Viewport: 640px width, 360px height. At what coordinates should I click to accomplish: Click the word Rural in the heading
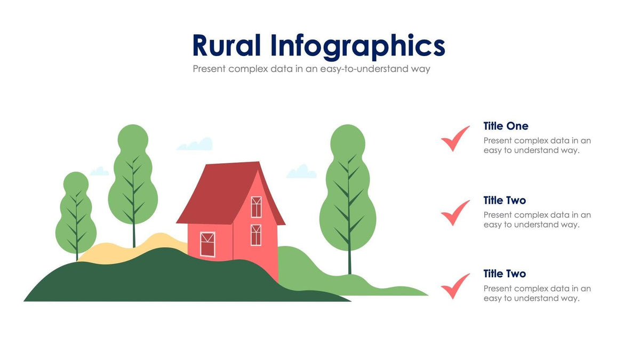tap(226, 46)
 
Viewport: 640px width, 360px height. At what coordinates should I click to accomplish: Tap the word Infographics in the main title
tap(357, 46)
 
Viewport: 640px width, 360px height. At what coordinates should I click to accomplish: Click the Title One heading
tap(506, 126)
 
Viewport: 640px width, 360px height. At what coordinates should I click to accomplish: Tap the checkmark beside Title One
tap(455, 139)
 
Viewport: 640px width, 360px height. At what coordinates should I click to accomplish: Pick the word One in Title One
tap(517, 126)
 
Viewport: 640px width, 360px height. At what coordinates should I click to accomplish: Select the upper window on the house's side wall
tap(256, 207)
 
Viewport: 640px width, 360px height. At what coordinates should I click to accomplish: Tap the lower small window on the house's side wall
tap(256, 235)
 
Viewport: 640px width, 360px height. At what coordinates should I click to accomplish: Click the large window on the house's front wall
tap(207, 244)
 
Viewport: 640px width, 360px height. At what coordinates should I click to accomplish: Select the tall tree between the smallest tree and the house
tap(133, 176)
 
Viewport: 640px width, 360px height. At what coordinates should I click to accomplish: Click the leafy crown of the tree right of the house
tap(348, 192)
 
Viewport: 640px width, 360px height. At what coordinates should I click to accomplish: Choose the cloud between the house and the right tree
tap(301, 172)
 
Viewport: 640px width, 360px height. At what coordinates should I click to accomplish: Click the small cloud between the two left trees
tap(99, 171)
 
